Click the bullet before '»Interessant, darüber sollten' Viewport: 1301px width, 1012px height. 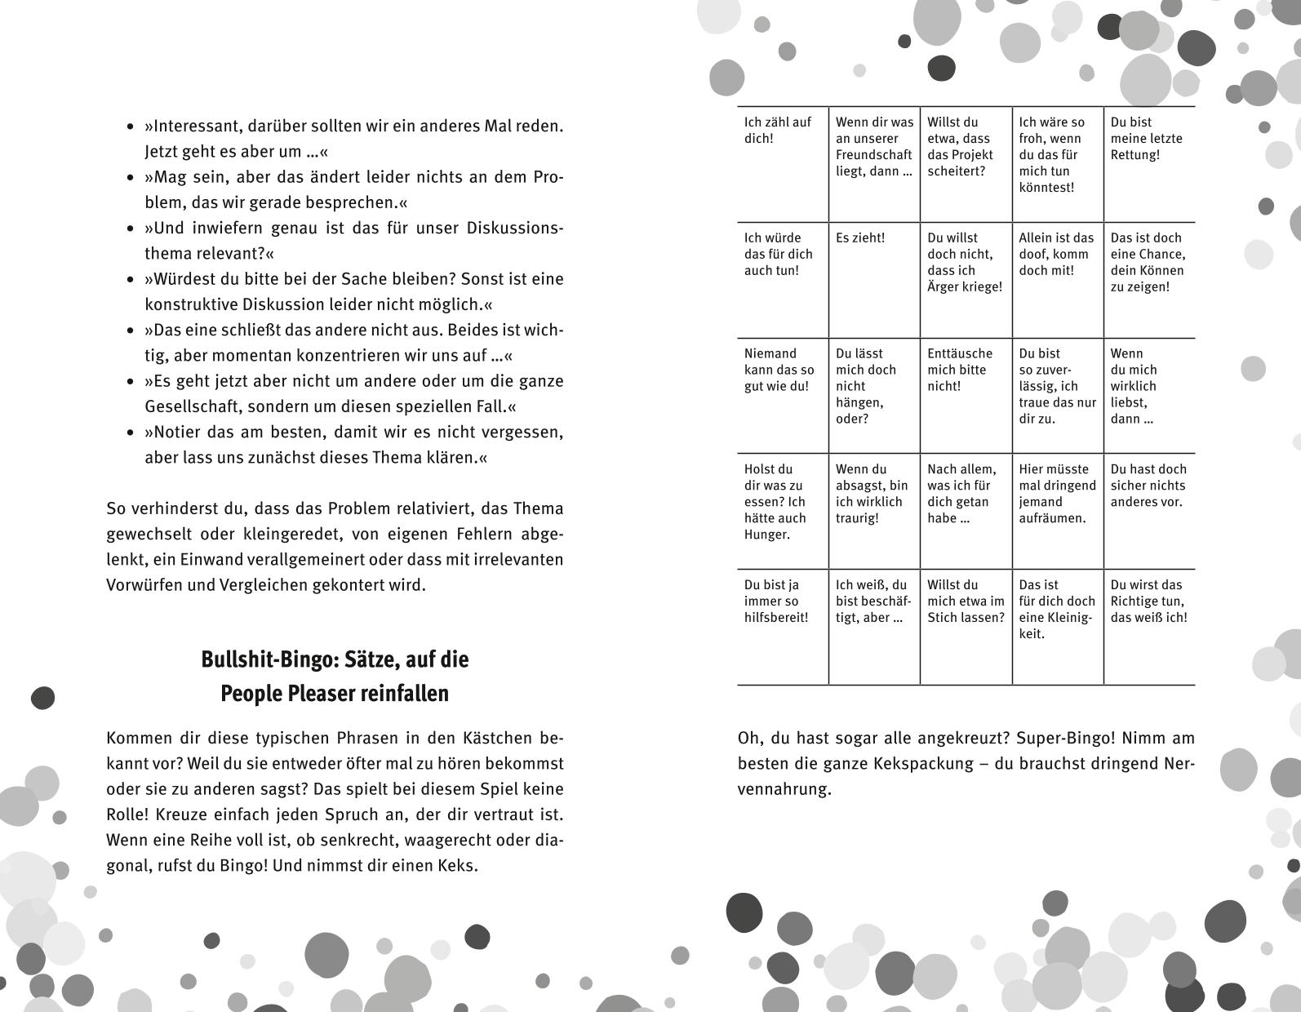(x=131, y=127)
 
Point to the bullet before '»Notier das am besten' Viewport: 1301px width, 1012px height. (x=131, y=433)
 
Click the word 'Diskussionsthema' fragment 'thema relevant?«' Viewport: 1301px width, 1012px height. (x=169, y=254)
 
